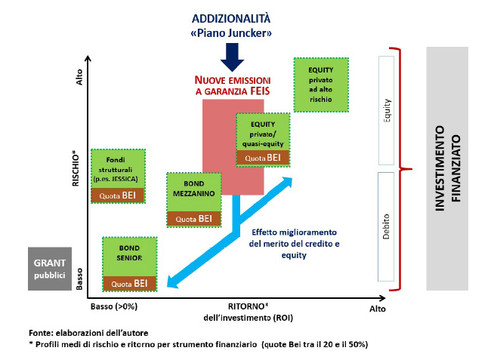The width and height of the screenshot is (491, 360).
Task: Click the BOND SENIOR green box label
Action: tap(129, 253)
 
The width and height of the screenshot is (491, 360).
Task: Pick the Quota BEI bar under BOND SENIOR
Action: tap(129, 283)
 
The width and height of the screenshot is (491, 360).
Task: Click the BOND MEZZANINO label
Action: tap(194, 188)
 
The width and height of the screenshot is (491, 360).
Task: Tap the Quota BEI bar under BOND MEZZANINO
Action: tap(194, 218)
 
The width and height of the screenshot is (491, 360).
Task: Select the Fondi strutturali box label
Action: tap(118, 165)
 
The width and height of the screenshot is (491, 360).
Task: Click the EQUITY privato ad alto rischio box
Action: tap(320, 83)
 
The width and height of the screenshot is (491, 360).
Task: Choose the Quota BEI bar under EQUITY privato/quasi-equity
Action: tap(263, 158)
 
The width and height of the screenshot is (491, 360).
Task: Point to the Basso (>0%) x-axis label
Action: tap(113, 307)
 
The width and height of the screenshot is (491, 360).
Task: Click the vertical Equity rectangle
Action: tap(387, 111)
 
